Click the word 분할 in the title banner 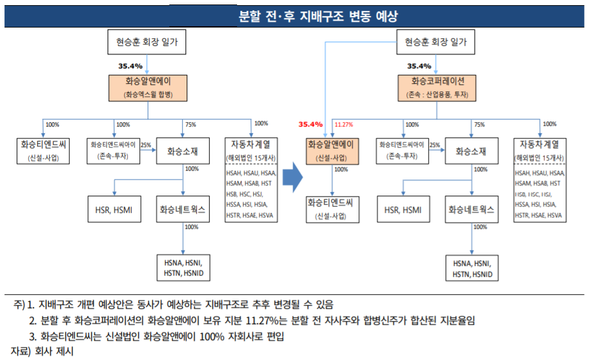tap(241, 15)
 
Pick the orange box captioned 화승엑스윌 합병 tap(148, 88)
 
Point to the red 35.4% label tap(310, 124)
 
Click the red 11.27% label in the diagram tap(345, 124)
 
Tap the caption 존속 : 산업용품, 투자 tap(438, 95)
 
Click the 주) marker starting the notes tap(12, 304)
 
